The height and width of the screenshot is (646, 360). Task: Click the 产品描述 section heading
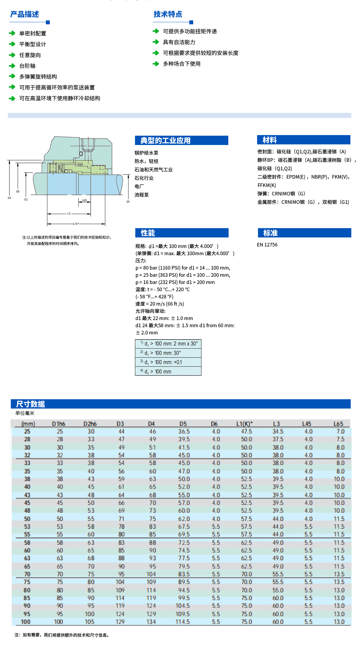[x=25, y=14]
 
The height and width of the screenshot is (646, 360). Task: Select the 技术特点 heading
[x=168, y=14]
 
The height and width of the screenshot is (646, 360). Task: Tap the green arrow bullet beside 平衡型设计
[x=12, y=44]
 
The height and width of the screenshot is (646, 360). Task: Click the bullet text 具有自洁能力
[x=179, y=42]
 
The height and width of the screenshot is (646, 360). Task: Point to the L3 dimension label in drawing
[x=69, y=214]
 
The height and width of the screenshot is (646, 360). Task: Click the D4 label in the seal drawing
[x=9, y=198]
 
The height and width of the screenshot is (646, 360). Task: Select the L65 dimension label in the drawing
[x=84, y=200]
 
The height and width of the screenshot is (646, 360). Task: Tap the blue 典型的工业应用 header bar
[x=181, y=140]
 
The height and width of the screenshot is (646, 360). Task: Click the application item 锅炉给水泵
[x=146, y=153]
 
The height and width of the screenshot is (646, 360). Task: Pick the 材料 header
[x=303, y=140]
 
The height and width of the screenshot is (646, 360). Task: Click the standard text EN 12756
[x=267, y=245]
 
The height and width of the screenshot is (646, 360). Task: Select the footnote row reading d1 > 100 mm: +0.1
[x=168, y=362]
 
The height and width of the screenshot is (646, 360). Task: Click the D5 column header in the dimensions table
[x=183, y=424]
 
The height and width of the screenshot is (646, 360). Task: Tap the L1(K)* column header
[x=244, y=424]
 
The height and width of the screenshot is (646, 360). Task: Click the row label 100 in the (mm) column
[x=25, y=621]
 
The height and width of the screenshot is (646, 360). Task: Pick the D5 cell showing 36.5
[x=184, y=431]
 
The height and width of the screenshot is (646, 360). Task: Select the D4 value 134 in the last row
[x=151, y=621]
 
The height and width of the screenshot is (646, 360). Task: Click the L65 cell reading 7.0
[x=340, y=431]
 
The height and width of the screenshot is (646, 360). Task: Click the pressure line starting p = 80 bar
[x=183, y=268]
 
